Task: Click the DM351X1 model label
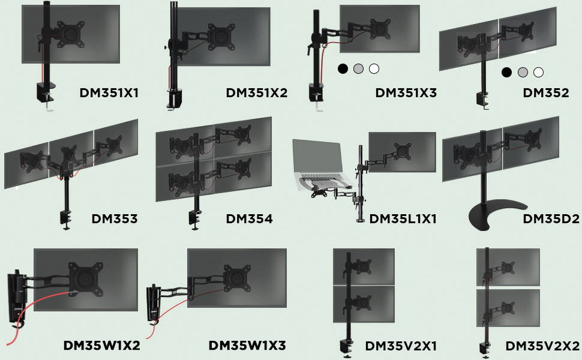click(x=109, y=93)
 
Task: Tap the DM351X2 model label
click(x=256, y=93)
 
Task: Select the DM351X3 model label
click(x=406, y=93)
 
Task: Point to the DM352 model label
click(x=545, y=93)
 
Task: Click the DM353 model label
click(x=115, y=219)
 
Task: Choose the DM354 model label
click(x=249, y=219)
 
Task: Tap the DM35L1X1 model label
click(x=403, y=219)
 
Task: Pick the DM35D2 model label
click(x=551, y=219)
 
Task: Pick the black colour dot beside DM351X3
click(x=343, y=69)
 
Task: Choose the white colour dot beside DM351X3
click(x=374, y=69)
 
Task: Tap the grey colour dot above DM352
click(x=523, y=73)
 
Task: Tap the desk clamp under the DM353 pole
click(x=66, y=218)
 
